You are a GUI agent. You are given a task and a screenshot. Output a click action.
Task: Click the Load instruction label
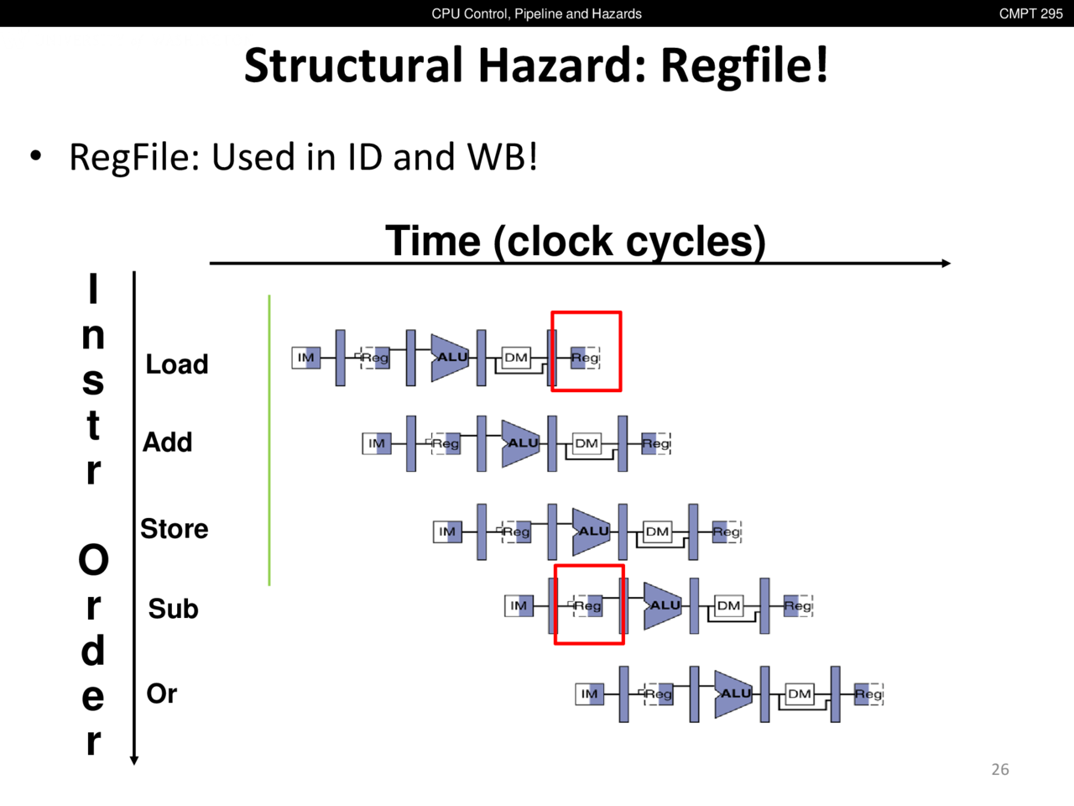pyautogui.click(x=176, y=364)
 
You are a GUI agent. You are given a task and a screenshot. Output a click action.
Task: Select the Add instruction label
pyautogui.click(x=167, y=442)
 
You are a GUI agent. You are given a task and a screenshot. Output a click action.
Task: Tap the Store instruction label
pyautogui.click(x=174, y=529)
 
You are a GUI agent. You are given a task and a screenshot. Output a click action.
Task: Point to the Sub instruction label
pyautogui.click(x=173, y=609)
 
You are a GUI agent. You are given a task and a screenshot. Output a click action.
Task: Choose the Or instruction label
pyautogui.click(x=161, y=694)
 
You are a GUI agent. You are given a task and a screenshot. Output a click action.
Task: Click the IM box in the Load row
pyautogui.click(x=306, y=358)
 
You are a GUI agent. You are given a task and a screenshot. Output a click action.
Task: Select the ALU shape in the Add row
pyautogui.click(x=520, y=443)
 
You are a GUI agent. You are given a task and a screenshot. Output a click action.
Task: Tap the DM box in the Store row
pyautogui.click(x=657, y=531)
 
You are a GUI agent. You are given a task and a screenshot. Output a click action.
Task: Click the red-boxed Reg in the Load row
pyautogui.click(x=585, y=358)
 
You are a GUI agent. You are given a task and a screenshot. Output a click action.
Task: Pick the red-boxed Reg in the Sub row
pyautogui.click(x=588, y=605)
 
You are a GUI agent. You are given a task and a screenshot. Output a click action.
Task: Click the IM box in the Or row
pyautogui.click(x=590, y=694)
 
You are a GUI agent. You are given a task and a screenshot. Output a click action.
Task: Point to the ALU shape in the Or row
pyautogui.click(x=733, y=694)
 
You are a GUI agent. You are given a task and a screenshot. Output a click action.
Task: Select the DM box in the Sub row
pyautogui.click(x=728, y=605)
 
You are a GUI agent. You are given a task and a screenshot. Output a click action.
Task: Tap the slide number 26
pyautogui.click(x=1000, y=769)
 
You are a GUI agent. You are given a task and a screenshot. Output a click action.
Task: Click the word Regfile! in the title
pyautogui.click(x=744, y=65)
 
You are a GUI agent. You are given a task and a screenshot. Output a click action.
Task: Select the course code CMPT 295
pyautogui.click(x=1030, y=13)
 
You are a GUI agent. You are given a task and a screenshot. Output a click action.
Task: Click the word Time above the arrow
pyautogui.click(x=433, y=242)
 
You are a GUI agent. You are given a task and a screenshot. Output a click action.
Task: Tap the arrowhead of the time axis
pyautogui.click(x=946, y=264)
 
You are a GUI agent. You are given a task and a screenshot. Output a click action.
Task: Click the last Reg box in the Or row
pyautogui.click(x=868, y=694)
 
